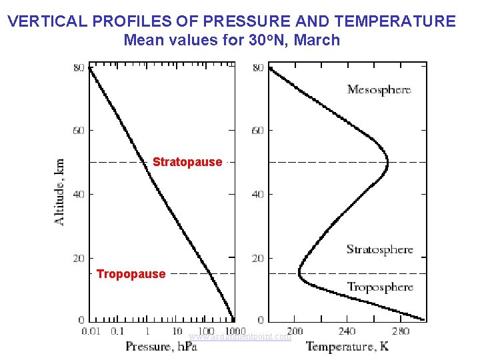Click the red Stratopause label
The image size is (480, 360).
tap(187, 162)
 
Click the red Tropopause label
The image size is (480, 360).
tap(131, 274)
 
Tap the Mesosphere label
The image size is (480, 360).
tap(379, 89)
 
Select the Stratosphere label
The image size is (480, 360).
tap(379, 250)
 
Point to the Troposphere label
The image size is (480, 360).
tap(380, 287)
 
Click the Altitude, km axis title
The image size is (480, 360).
tap(61, 191)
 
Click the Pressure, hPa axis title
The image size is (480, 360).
tap(161, 347)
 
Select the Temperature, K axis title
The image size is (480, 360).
tap(347, 347)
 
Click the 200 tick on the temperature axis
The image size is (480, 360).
tap(294, 331)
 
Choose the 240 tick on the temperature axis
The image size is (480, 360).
tap(347, 331)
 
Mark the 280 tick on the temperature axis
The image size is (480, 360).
tap(401, 331)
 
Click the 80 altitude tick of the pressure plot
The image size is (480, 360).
tap(79, 68)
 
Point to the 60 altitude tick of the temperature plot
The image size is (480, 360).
tap(257, 131)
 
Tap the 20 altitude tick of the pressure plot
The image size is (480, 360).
tap(79, 258)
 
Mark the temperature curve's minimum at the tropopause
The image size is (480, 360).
tap(299, 273)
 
